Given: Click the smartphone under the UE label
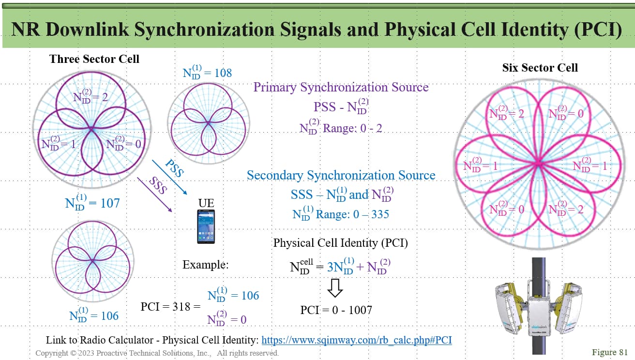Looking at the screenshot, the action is [x=206, y=227].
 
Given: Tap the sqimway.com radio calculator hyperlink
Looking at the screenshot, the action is [x=357, y=340].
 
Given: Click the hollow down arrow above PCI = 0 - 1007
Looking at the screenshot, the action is [x=335, y=288].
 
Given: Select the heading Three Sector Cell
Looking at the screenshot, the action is [x=94, y=59].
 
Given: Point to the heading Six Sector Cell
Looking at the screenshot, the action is [x=540, y=67].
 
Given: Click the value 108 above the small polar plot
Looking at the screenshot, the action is [x=223, y=73].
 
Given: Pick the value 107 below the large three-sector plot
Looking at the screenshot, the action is [x=110, y=203].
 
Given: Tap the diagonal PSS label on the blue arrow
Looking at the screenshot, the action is [x=175, y=168].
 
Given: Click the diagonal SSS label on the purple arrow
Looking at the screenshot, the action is [x=158, y=185].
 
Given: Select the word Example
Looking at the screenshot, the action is [x=206, y=265].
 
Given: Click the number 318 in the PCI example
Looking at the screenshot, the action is [x=181, y=307].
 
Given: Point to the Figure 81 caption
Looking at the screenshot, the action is [x=609, y=352].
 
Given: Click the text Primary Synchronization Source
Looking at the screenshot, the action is [x=341, y=87].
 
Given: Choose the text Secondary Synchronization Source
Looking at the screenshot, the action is [x=341, y=175].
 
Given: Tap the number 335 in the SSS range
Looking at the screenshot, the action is [x=380, y=214].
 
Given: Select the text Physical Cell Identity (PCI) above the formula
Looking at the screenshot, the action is [x=340, y=243].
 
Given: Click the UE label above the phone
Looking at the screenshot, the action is [x=206, y=203].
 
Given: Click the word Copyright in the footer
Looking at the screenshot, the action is [x=52, y=353].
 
